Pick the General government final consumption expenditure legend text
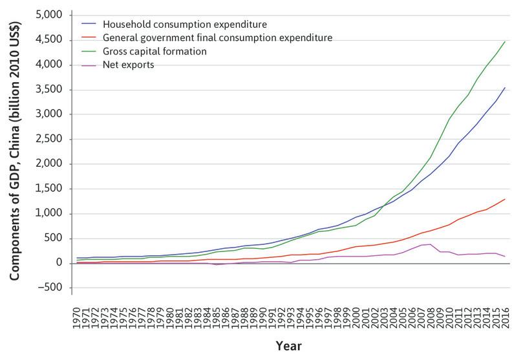coord(216,37)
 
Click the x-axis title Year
coord(290,346)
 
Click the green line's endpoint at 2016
coord(505,41)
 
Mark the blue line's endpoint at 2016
coord(505,87)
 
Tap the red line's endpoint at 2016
coord(505,199)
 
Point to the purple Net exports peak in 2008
coord(431,244)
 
